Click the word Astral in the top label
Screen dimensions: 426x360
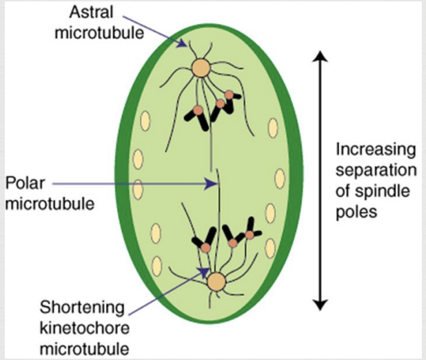pos(91,12)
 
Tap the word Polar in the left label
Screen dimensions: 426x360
pos(25,183)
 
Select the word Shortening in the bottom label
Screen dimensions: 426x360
pos(82,308)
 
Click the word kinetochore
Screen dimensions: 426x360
pos(85,328)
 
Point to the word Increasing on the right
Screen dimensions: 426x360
pos(376,150)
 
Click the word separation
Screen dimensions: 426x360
pos(376,171)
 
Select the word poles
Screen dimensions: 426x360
pos(356,212)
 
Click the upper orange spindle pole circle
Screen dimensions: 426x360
pos(201,68)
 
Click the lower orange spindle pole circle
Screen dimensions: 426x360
pos(216,282)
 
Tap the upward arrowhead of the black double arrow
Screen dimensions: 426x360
pos(320,57)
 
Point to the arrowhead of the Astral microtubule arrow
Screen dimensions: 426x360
pos(183,43)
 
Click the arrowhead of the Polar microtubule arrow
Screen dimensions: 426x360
pos(212,184)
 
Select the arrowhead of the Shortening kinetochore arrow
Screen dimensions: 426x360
pos(204,271)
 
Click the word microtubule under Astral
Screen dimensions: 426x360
pos(99,33)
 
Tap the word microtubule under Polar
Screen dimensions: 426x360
pos(50,204)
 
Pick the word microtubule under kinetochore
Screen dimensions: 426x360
pos(85,349)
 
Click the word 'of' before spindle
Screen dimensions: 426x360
pos(343,191)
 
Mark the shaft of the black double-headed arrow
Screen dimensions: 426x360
pos(320,181)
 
